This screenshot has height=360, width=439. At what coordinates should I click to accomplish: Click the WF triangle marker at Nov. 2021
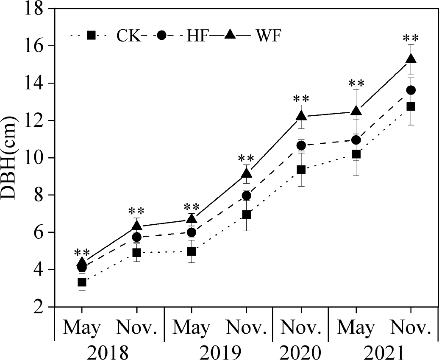pos(411,59)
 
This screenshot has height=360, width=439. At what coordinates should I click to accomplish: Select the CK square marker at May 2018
pos(82,282)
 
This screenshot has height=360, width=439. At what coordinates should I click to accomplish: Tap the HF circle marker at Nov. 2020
pos(301,145)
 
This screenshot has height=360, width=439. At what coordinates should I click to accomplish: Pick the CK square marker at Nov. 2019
pos(246,215)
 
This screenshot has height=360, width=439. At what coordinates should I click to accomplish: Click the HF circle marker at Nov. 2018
pos(136,237)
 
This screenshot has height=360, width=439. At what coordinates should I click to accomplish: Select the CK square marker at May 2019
pos(192,251)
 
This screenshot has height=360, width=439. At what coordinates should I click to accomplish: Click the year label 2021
pos(383,351)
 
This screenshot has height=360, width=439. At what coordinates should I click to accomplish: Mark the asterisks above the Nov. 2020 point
pos(301,99)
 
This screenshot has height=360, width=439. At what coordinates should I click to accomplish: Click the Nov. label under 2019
pos(246,328)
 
